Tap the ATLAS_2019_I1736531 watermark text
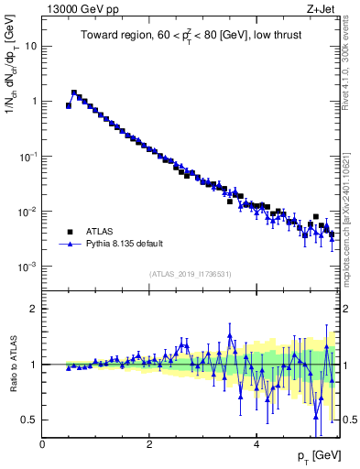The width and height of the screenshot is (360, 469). click(x=191, y=274)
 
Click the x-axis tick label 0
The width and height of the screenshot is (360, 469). click(x=42, y=444)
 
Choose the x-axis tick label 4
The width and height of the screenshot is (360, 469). click(x=256, y=444)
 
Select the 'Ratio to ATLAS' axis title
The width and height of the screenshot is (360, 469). click(x=11, y=365)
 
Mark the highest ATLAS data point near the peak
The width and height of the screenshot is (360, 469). click(x=74, y=93)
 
